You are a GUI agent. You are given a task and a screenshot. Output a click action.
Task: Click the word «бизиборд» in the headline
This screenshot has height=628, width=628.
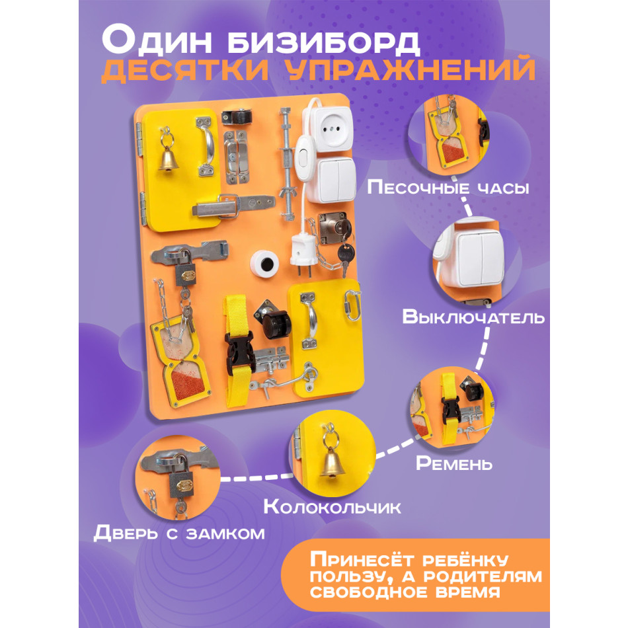(324, 41)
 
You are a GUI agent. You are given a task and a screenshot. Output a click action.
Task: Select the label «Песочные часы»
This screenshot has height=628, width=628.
(448, 187)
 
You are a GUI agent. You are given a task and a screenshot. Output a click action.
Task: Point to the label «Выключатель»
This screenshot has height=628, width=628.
(473, 316)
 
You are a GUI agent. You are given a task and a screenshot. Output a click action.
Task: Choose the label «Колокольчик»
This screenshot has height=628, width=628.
(332, 506)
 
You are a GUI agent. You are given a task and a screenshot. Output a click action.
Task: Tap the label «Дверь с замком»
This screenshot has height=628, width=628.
(179, 533)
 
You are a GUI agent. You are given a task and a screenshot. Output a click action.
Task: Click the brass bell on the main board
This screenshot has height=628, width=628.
(168, 159)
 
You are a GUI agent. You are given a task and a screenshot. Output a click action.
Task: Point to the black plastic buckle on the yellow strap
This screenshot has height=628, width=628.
(239, 352)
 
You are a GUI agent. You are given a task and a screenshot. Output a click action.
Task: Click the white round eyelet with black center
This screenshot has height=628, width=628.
(264, 264)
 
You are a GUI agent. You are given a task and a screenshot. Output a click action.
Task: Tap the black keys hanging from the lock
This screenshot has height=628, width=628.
(346, 255)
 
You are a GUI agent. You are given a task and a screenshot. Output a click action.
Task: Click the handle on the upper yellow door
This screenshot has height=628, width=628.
(207, 146)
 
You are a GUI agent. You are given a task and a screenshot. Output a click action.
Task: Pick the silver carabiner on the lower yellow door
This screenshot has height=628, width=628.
(352, 305)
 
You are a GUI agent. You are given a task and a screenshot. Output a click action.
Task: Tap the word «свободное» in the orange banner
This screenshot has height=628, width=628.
(370, 592)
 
